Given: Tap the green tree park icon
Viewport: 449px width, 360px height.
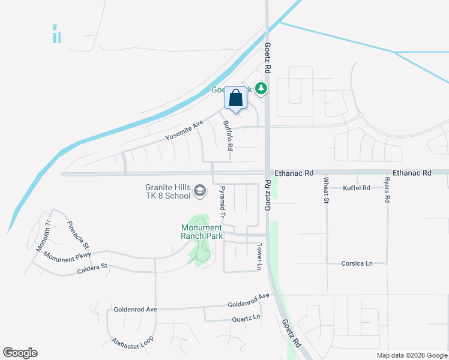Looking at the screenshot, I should coord(261,89).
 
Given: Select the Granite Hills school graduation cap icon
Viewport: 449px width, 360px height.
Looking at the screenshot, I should coord(199,192).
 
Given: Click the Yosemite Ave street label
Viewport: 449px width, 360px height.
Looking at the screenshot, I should coord(185,131).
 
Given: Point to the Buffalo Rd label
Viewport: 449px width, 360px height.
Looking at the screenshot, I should coord(228,136).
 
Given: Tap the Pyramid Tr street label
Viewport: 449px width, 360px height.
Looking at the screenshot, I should coord(221,202).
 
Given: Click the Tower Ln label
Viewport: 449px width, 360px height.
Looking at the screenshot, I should coord(260,256).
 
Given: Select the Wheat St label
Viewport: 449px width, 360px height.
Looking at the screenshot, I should coord(327,190).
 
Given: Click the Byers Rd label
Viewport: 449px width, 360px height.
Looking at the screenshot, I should coord(388,190).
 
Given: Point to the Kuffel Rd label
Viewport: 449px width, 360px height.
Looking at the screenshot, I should coord(357,188).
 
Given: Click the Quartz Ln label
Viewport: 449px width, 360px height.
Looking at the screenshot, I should coord(246,317).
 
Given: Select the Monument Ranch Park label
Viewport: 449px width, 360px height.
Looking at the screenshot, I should coord(202,232).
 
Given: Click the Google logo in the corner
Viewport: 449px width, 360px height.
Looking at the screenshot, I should coord(20,353).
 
